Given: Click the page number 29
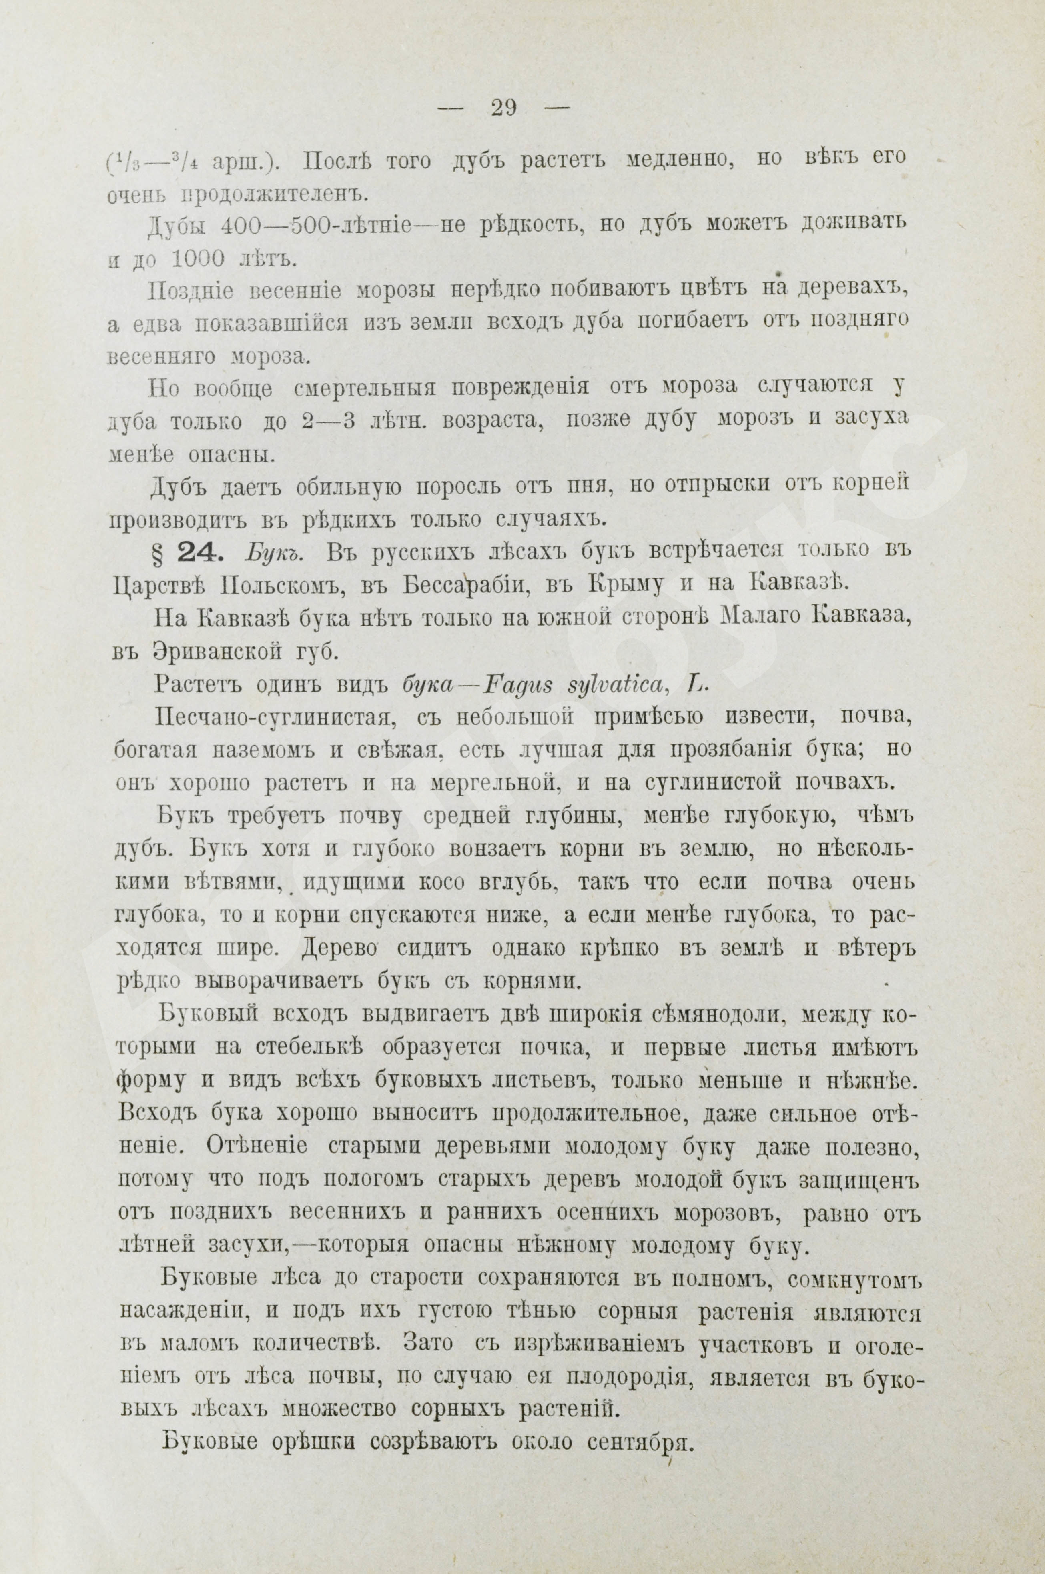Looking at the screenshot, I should pyautogui.click(x=503, y=108).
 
